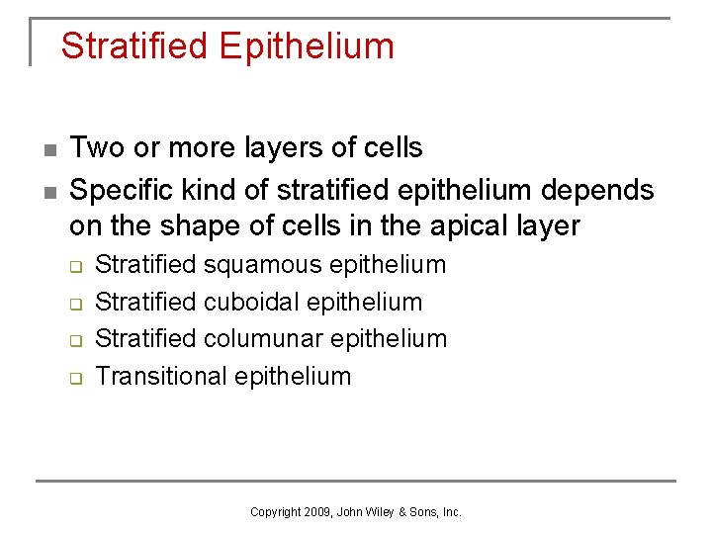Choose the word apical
[468, 225]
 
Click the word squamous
[264, 265]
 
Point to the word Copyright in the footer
[275, 512]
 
